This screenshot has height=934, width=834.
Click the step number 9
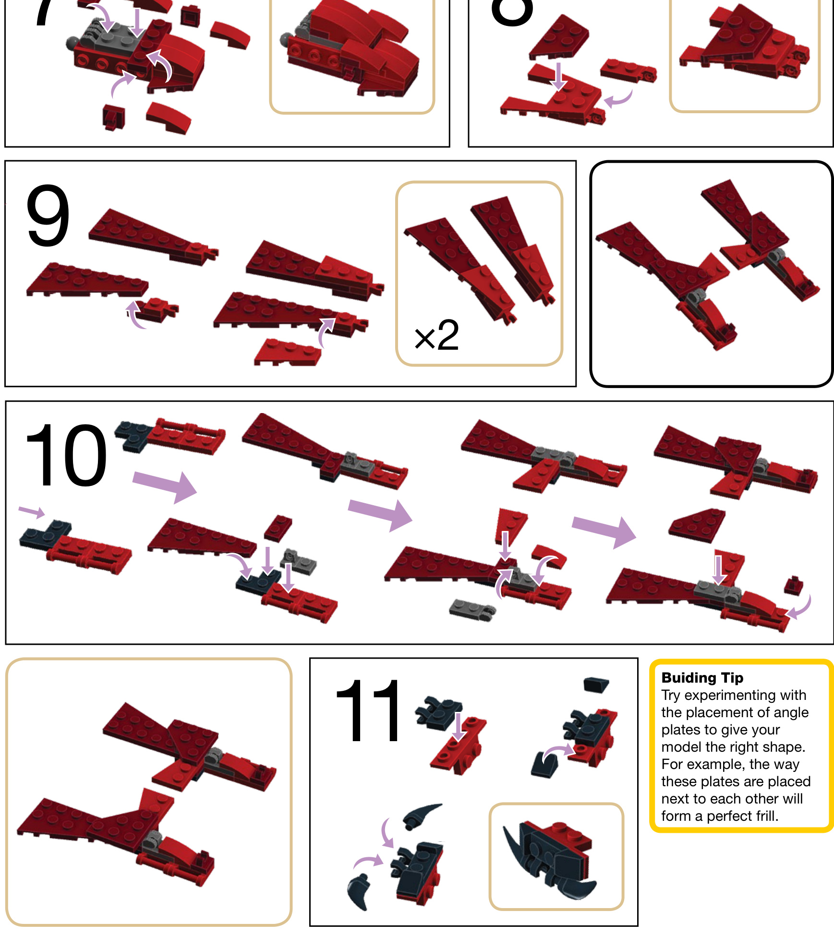tap(48, 215)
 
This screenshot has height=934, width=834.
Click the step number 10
tap(66, 455)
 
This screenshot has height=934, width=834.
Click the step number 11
tap(367, 710)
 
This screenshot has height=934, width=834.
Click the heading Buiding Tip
tap(702, 678)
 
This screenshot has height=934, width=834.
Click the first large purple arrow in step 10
tap(165, 485)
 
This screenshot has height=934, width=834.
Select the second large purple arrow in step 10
tap(380, 514)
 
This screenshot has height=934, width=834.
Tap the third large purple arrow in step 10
tap(604, 532)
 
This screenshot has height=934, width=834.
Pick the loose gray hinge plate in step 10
tap(472, 608)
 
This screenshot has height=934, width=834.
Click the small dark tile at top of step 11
tap(596, 684)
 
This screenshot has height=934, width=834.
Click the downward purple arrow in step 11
tap(459, 726)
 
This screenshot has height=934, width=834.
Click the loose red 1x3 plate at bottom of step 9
tap(288, 352)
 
